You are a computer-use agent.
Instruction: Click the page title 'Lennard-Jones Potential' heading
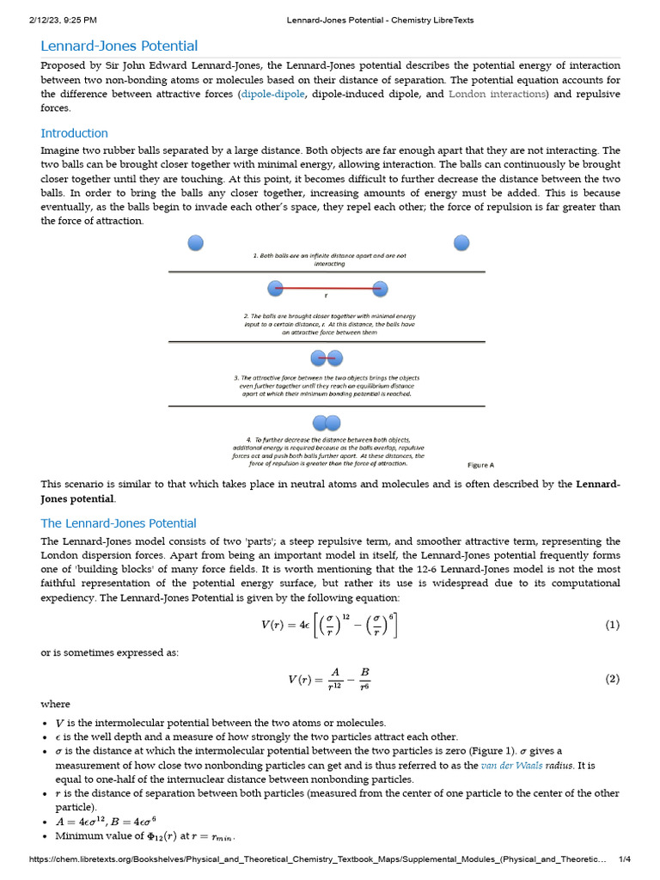point(119,46)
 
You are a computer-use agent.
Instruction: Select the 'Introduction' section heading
point(75,133)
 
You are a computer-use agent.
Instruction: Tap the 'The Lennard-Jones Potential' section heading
point(119,523)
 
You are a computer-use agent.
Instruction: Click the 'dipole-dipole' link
point(272,94)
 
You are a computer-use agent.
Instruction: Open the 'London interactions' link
point(498,94)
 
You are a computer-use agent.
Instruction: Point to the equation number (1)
point(612,626)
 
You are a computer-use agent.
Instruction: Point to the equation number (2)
point(612,679)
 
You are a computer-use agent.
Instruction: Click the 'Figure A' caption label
point(480,465)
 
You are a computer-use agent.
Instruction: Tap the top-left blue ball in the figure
point(196,243)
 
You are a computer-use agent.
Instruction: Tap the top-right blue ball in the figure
point(462,243)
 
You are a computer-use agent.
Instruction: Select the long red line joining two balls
point(327,289)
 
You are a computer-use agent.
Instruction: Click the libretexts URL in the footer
point(318,860)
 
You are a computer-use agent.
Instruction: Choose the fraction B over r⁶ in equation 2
point(364,680)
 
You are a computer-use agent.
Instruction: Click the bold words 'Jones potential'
point(77,498)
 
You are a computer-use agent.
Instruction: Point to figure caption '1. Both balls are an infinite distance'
point(329,256)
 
